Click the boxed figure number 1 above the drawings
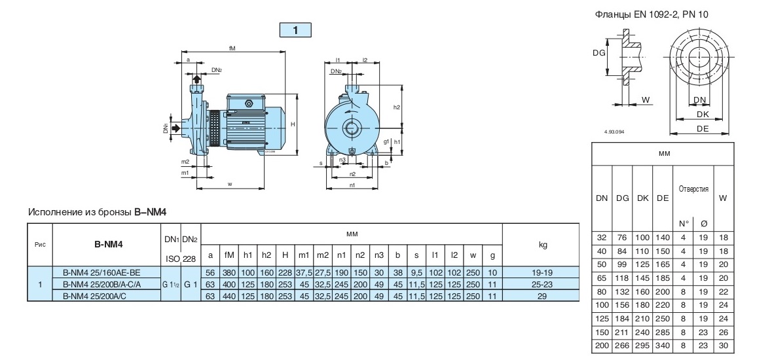point(295,29)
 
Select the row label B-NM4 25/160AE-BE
point(101,272)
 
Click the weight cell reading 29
point(542,297)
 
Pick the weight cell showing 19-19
point(542,272)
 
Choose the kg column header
point(542,244)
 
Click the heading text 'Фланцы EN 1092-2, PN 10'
point(650,14)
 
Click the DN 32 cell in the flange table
point(601,238)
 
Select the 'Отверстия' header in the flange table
point(693,189)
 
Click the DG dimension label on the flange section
point(598,53)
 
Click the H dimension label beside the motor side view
point(293,123)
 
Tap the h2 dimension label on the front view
point(397,107)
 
